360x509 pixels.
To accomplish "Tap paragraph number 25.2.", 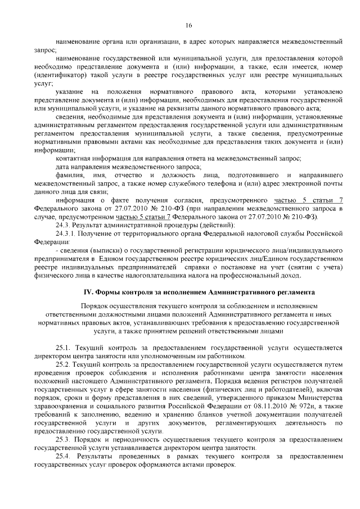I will click(x=64, y=364).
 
